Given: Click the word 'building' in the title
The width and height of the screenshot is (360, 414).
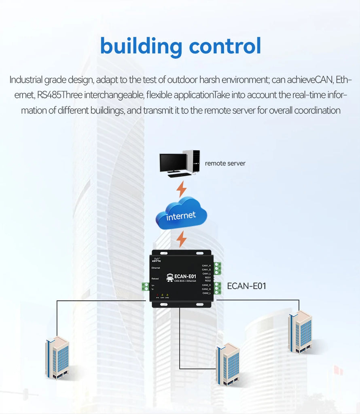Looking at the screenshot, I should coord(141,46).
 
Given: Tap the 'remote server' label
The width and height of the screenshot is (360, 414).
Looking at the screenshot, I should coord(225,163).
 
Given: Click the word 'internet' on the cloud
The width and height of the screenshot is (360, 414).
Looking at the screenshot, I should coord(181,216).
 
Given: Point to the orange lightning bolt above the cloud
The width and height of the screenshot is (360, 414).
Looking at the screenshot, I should coord(182,189).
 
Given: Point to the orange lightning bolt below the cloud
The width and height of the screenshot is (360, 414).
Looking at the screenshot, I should coord(182,239).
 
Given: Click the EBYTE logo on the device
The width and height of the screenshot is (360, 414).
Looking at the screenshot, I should coord(157,260).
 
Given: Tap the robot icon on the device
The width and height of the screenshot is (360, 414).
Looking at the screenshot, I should coord(170,277).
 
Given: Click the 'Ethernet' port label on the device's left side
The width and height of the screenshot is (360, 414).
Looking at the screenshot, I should coord(156,268).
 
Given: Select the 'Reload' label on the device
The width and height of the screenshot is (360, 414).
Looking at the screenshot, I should coord(155,279).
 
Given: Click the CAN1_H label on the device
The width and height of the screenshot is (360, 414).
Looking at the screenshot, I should coord(206,266).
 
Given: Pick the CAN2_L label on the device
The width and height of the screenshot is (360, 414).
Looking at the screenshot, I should coord(206,293).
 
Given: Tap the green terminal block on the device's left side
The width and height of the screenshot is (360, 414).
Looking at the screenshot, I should coord(145,287).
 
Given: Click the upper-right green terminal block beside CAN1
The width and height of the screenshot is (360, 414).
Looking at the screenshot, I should coord(218,268).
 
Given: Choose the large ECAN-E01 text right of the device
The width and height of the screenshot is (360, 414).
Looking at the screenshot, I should coord(246,286).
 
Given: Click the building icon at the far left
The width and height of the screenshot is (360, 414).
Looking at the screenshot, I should coord(57,357).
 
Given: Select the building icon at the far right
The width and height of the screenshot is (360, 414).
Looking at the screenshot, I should coord(300,332).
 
